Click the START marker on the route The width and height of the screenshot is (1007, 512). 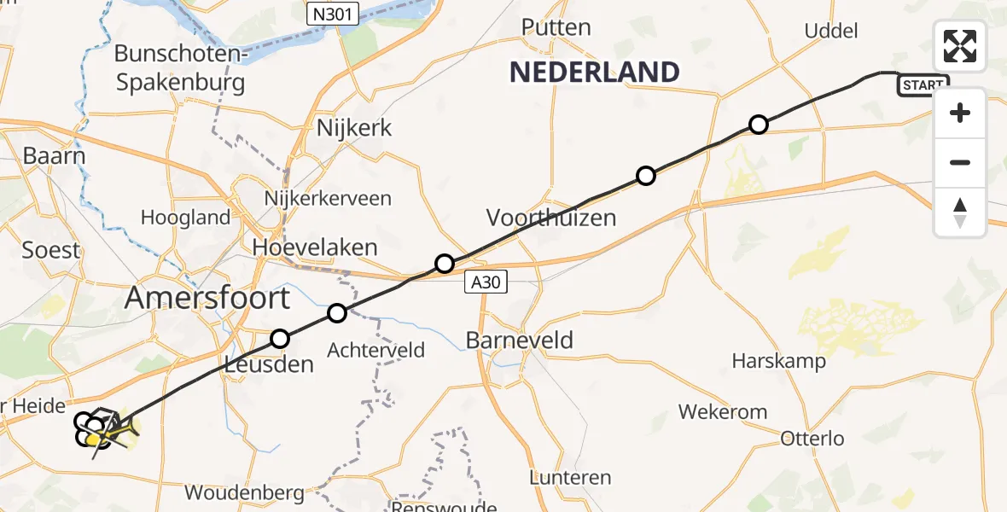coord(923,84)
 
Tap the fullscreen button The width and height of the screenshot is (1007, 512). coord(960,46)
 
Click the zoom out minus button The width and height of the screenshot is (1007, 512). coord(960,162)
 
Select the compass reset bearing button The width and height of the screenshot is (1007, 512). coord(960,212)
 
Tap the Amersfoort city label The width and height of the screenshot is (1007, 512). coord(207,299)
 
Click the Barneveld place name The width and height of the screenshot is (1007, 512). coord(519,340)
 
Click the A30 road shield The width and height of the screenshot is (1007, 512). coord(486,282)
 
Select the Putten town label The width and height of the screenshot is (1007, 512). coord(556,27)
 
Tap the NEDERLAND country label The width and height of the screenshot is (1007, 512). coord(594,72)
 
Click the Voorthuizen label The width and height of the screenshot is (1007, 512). coord(551,217)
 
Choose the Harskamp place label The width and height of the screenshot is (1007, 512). coord(778,361)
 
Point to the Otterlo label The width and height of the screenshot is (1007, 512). coord(812,439)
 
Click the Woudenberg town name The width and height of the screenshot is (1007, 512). coord(244,492)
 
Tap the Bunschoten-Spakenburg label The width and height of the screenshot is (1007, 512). coord(180,68)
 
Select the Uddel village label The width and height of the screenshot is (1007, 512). coord(830,32)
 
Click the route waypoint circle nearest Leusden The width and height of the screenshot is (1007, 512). coord(280,340)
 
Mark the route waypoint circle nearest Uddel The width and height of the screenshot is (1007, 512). coord(758,125)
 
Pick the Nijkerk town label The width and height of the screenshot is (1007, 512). coord(354,129)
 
